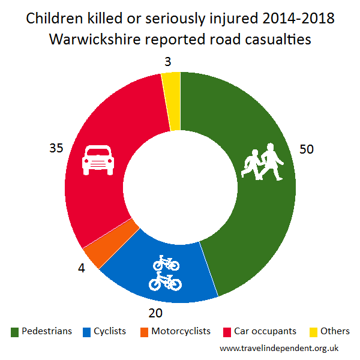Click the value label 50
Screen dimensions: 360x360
point(307,149)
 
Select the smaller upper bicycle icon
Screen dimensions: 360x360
point(166,263)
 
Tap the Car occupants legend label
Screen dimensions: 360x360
point(266,331)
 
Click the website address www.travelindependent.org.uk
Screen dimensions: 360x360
point(280,348)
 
